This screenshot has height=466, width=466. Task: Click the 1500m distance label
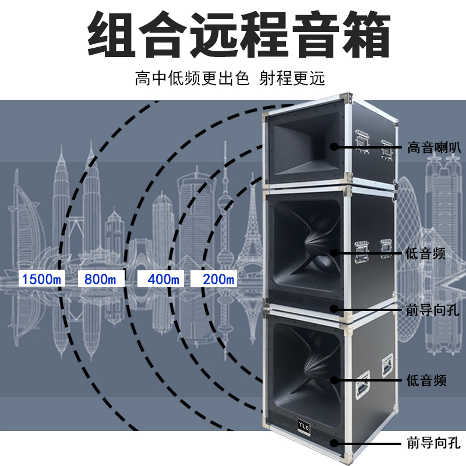point(41,279)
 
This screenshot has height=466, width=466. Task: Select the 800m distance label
point(100,279)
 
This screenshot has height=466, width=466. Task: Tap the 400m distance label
point(163,279)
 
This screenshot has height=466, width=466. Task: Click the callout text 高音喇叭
point(430,147)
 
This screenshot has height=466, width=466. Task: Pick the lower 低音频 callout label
point(426,381)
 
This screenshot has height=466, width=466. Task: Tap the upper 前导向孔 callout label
point(430,309)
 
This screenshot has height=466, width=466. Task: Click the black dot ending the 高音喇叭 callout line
point(334,147)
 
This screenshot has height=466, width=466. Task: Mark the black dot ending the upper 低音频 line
point(334,252)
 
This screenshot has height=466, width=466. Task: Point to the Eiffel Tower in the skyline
point(252,233)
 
